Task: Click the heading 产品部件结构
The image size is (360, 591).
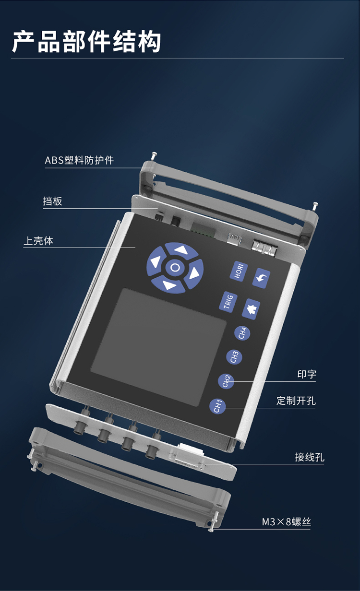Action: click(x=87, y=41)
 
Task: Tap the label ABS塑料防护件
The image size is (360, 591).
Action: click(x=79, y=160)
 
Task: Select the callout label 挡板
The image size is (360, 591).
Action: click(x=52, y=201)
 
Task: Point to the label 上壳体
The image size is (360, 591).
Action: click(x=38, y=241)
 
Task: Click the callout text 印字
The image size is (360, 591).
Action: click(x=307, y=374)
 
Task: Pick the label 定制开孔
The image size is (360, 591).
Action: click(x=296, y=401)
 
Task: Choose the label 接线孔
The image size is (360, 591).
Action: click(x=310, y=457)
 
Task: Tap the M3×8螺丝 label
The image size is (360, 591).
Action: click(x=286, y=522)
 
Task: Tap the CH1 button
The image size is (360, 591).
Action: click(x=217, y=406)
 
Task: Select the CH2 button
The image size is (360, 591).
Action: click(x=226, y=381)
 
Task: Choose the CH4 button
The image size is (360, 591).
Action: click(x=243, y=332)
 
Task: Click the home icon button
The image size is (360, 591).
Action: click(x=251, y=308)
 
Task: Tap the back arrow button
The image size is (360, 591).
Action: click(x=262, y=278)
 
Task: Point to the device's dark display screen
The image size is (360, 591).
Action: click(x=159, y=345)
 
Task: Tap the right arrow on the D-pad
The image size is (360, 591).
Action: click(x=194, y=274)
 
